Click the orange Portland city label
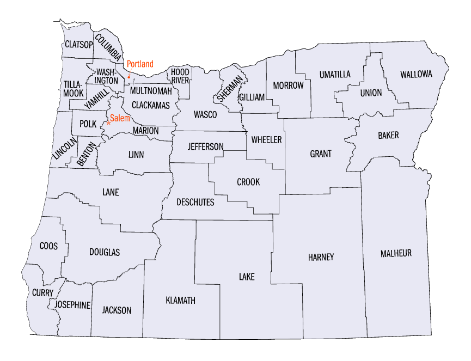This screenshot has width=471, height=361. point(140,64)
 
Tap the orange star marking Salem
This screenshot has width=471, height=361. point(108,123)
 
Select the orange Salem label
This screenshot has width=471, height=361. point(120,118)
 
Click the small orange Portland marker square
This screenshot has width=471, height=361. point(129,77)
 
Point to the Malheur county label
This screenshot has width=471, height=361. point(396,253)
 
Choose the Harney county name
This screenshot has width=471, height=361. point(321,257)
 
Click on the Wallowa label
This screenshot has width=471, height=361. point(415,74)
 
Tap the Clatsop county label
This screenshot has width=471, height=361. point(78,44)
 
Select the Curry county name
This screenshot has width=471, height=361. point(42,292)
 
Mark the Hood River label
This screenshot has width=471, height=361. point(180,76)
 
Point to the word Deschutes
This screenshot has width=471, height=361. point(195,202)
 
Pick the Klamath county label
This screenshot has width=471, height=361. point(180,301)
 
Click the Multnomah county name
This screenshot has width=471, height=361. point(151,90)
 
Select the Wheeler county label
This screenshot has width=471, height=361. point(266,140)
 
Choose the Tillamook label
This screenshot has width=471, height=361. point(73,89)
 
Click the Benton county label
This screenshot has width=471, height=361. point(87,154)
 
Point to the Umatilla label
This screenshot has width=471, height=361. point(335,74)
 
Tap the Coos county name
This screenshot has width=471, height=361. point(48,246)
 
